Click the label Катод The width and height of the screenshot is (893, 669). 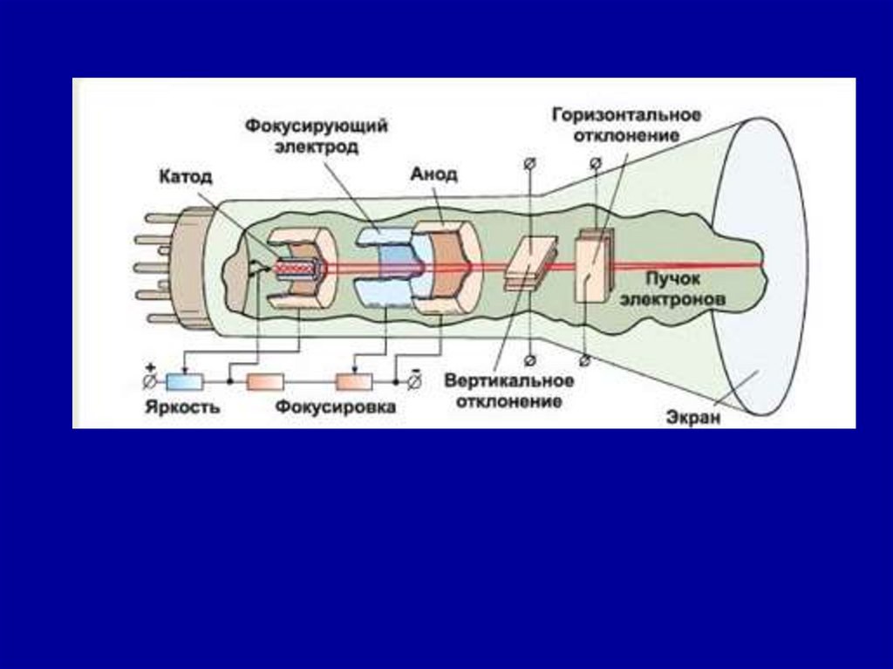pyautogui.click(x=185, y=177)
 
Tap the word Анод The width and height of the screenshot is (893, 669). pyautogui.click(x=433, y=174)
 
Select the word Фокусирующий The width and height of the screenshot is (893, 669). pyautogui.click(x=315, y=127)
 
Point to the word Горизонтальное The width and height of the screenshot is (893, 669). pyautogui.click(x=626, y=116)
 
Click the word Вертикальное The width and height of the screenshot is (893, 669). pyautogui.click(x=508, y=381)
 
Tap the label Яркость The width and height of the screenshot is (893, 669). pyautogui.click(x=183, y=406)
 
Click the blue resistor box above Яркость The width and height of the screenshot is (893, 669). pyautogui.click(x=184, y=381)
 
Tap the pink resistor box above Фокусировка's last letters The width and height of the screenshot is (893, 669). pyautogui.click(x=354, y=381)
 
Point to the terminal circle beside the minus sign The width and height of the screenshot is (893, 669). pyautogui.click(x=415, y=381)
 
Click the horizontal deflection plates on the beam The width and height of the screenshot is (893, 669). pyautogui.click(x=593, y=265)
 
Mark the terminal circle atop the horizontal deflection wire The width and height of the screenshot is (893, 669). pyautogui.click(x=595, y=163)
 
